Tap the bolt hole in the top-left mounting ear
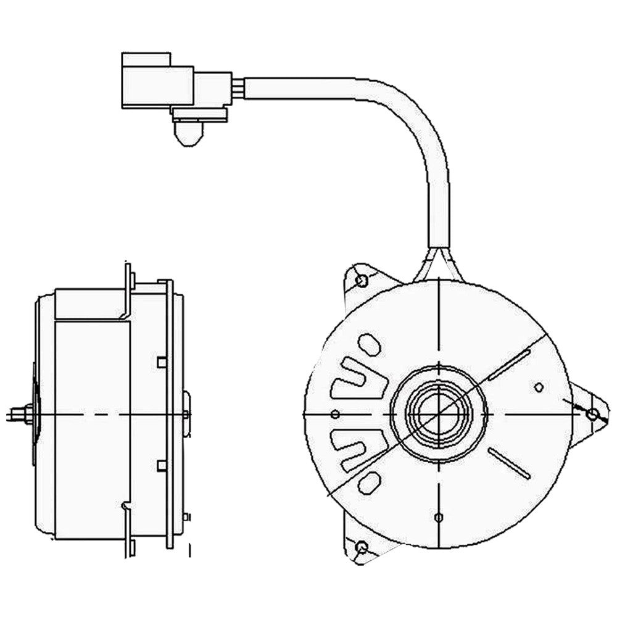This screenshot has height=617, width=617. click(x=362, y=281)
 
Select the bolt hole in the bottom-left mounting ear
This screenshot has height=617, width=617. click(x=362, y=547)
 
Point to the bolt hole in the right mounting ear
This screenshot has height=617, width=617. click(x=592, y=414)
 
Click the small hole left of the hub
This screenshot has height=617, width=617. click(x=336, y=413)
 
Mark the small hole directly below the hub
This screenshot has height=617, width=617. click(x=438, y=517)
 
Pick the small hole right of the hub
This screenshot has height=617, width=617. click(x=539, y=387)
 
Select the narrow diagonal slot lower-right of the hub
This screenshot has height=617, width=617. click(x=510, y=463)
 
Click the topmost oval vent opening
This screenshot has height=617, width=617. click(x=370, y=344)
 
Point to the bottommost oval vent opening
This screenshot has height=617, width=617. click(x=370, y=483)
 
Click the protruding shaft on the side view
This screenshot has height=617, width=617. click(x=19, y=414)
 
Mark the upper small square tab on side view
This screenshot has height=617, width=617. click(x=162, y=362)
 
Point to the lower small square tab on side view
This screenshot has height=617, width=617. click(x=162, y=465)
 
